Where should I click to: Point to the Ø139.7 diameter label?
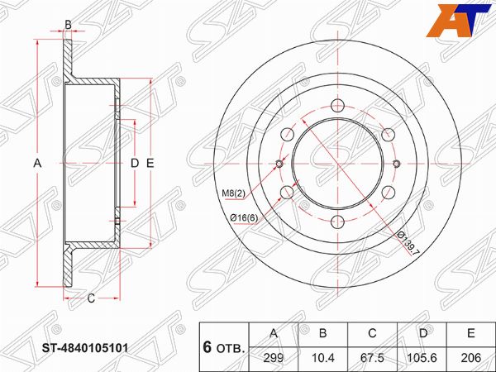pyautogui.click(x=407, y=243)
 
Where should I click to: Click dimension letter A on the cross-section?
pyautogui.click(x=37, y=164)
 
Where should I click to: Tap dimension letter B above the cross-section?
pyautogui.click(x=68, y=25)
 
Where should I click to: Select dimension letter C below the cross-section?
pyautogui.click(x=91, y=298)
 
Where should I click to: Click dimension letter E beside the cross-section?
pyautogui.click(x=150, y=164)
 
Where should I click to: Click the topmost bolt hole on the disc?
pyautogui.click(x=338, y=105)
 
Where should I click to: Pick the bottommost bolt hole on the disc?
pyautogui.click(x=338, y=222)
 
